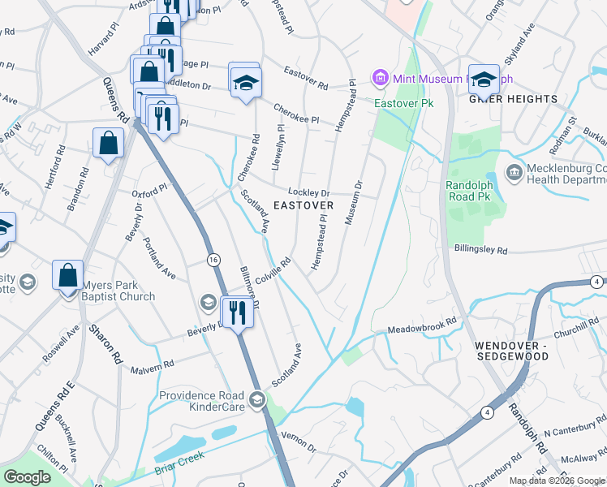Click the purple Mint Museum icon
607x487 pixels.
(380, 78)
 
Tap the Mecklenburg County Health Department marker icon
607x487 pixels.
(513, 172)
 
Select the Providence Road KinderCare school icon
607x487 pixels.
(257, 399)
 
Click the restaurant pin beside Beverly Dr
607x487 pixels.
(238, 311)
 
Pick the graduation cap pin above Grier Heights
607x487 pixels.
(484, 78)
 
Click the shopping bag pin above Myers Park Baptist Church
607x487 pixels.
(68, 275)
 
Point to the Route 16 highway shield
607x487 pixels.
(213, 259)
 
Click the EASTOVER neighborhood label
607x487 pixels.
(303, 205)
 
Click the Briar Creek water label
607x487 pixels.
(178, 468)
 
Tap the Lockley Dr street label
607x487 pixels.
(309, 192)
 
